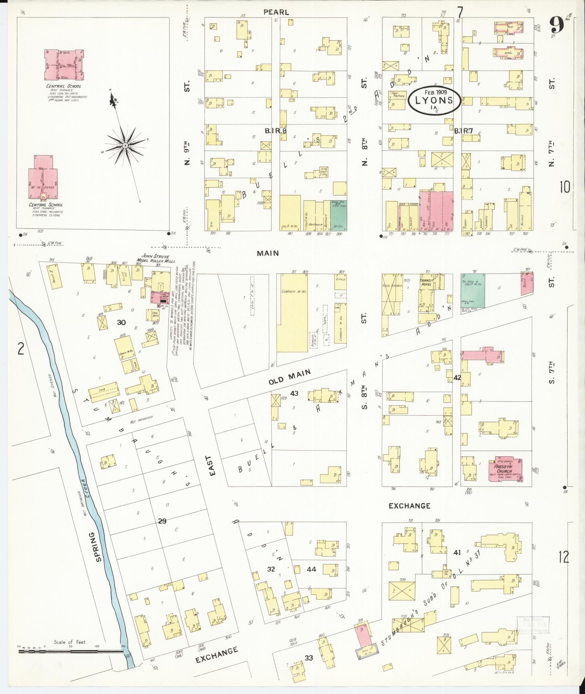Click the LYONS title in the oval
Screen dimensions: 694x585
point(434,100)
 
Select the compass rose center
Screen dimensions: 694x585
point(125,145)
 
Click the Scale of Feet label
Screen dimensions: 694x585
point(70,642)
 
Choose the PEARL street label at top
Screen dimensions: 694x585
point(276,12)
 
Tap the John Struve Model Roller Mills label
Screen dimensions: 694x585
point(156,259)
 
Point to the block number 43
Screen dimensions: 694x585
point(294,393)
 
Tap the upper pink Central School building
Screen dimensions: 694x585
point(65,65)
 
